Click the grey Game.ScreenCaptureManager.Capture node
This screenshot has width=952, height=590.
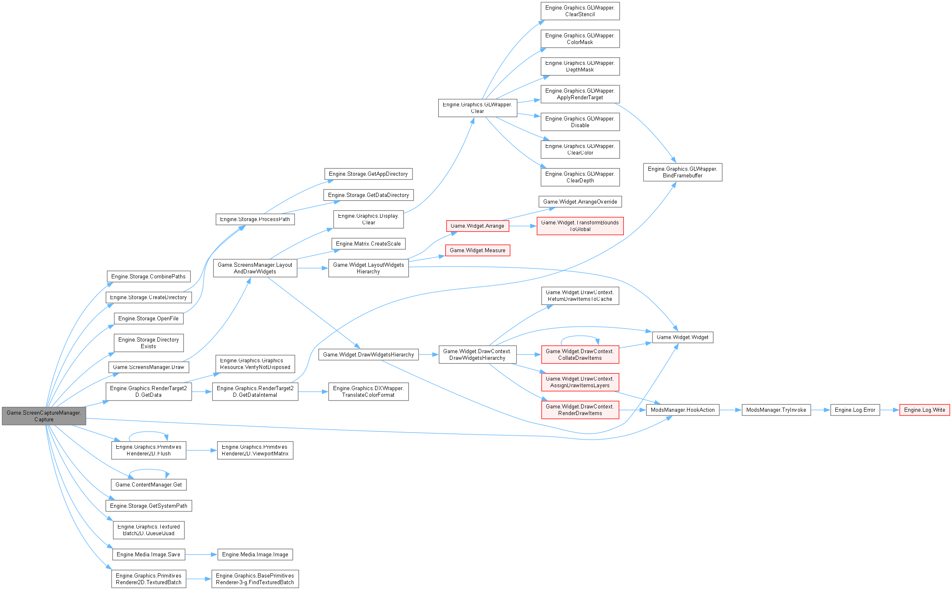44,416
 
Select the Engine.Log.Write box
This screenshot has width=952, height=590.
924,410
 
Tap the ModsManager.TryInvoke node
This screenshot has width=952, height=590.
776,410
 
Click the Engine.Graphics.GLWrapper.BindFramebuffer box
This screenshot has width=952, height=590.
682,172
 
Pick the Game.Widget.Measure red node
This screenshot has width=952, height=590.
477,250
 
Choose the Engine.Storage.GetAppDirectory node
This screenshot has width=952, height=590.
368,174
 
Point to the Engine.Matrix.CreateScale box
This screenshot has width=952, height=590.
368,243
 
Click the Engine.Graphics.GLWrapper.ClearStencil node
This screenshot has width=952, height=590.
580,11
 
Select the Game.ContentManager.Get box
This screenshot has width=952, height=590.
148,484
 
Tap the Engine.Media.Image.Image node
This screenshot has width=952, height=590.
255,554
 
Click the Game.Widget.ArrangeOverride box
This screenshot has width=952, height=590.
580,202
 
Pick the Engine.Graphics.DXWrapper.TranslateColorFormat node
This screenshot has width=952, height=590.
368,391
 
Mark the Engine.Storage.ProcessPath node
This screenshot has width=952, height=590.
255,219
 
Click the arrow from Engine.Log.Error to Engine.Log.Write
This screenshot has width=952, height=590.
889,410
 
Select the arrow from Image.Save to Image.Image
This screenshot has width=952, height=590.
201,554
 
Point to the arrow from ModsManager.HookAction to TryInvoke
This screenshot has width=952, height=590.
730,410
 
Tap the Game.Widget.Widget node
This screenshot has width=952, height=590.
682,337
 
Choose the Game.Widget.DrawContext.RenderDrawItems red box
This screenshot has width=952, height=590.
580,410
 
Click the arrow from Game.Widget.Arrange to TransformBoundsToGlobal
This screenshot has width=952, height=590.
523,226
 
